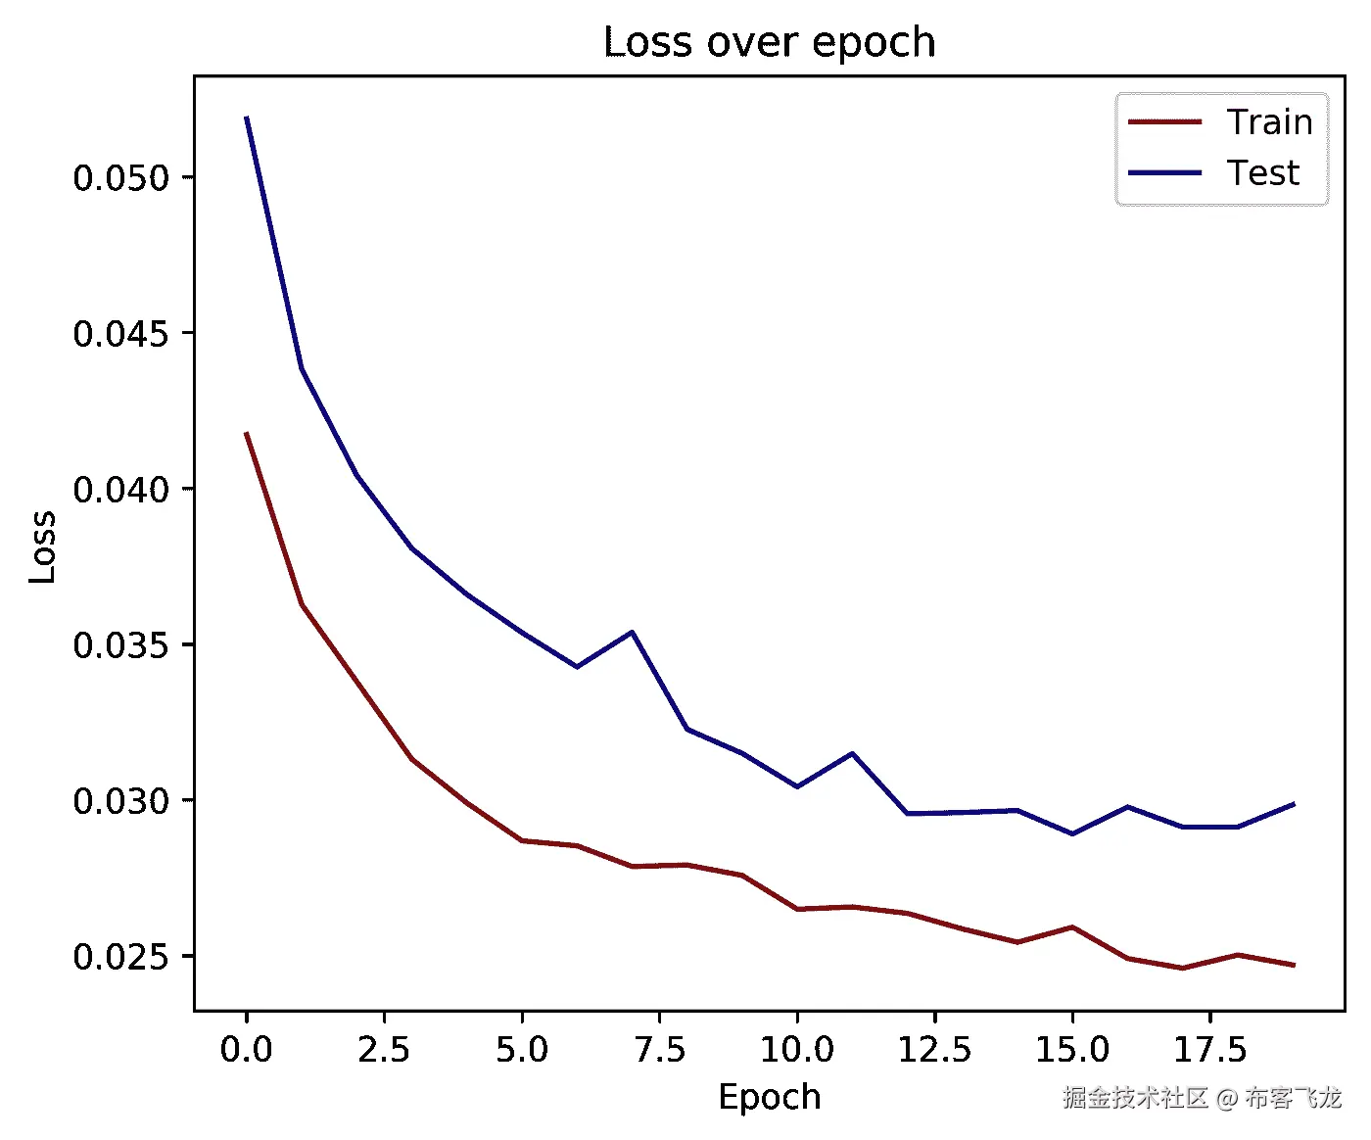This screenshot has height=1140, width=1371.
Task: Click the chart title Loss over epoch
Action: [769, 42]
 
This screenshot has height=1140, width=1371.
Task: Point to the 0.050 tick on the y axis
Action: [121, 178]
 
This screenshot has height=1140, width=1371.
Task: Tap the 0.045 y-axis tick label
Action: [121, 334]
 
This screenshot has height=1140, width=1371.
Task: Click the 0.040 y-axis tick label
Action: [121, 490]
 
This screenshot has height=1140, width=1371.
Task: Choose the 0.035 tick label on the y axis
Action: [121, 645]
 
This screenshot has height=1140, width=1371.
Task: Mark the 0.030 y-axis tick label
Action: [121, 801]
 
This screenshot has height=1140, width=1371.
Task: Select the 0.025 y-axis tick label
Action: [121, 957]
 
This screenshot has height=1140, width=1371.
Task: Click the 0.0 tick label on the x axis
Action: [246, 1050]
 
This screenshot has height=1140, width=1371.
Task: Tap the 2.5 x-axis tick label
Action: [384, 1050]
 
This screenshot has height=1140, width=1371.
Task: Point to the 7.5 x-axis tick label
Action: [659, 1050]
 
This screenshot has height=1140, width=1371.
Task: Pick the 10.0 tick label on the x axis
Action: [797, 1050]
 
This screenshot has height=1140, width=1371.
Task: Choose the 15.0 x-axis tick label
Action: [1072, 1050]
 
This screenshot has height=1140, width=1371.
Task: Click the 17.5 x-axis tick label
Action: [1210, 1050]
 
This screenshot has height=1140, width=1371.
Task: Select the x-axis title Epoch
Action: [769, 1097]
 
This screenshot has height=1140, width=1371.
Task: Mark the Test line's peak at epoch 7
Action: [632, 632]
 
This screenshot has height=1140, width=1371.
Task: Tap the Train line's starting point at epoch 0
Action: [247, 433]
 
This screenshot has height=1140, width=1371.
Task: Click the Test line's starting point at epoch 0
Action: [247, 118]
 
